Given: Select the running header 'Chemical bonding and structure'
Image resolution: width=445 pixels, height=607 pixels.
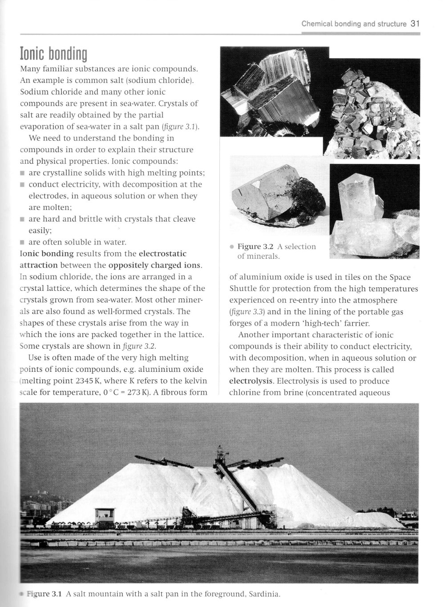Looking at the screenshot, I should (x=353, y=24).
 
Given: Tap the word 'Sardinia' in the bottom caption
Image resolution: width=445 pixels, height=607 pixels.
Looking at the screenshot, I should (x=265, y=594).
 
